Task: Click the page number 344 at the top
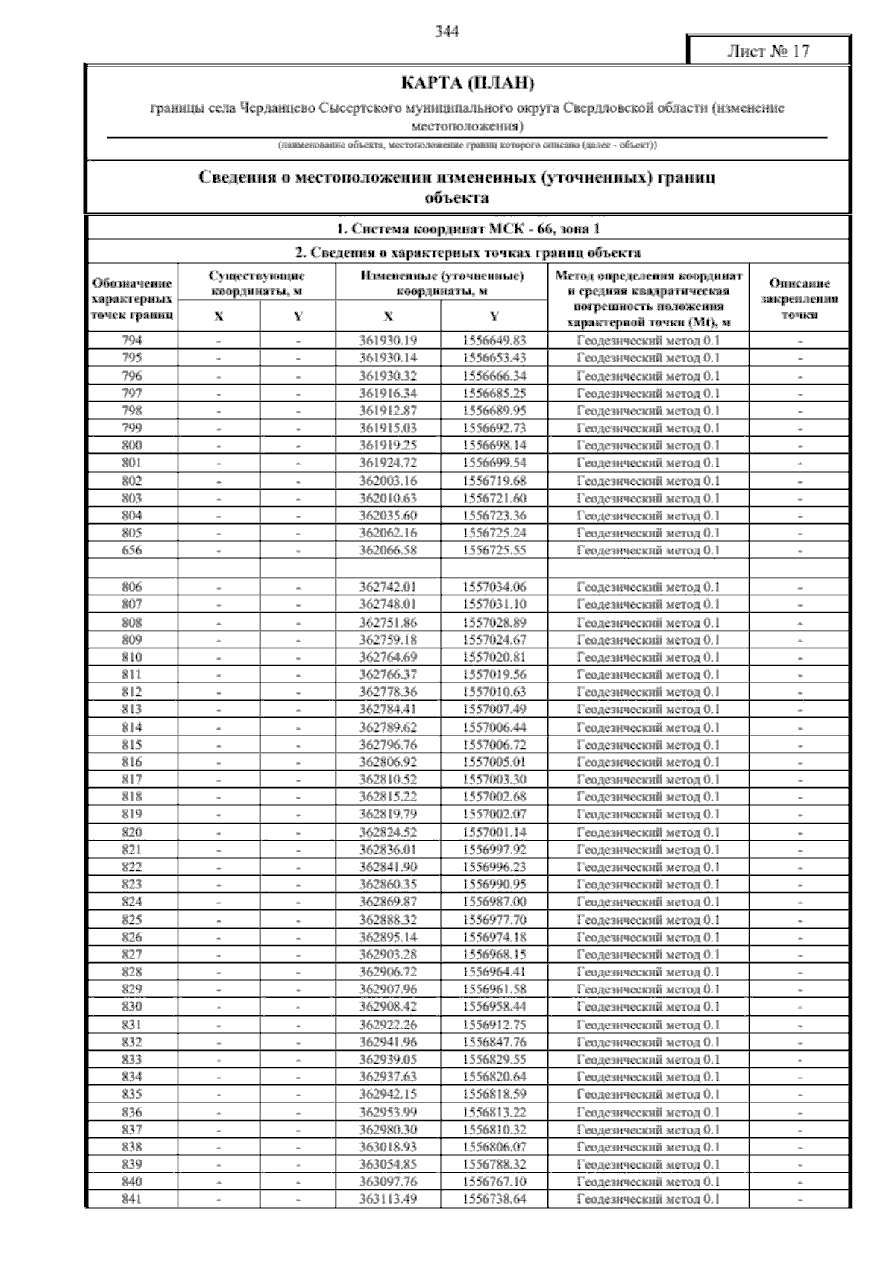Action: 447,31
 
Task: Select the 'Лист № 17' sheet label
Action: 768,51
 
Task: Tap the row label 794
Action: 132,341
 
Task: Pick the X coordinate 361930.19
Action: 388,341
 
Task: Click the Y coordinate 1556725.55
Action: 494,551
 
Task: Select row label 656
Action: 132,551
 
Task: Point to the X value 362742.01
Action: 388,587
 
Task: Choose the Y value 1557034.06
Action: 494,587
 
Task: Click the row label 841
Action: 132,1199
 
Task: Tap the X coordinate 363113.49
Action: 388,1199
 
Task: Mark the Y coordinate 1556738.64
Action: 494,1199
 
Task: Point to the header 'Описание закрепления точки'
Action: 800,299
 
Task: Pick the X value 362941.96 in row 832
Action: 388,1042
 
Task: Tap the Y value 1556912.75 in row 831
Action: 494,1025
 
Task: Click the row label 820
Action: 132,832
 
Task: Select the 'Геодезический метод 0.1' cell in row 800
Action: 648,446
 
